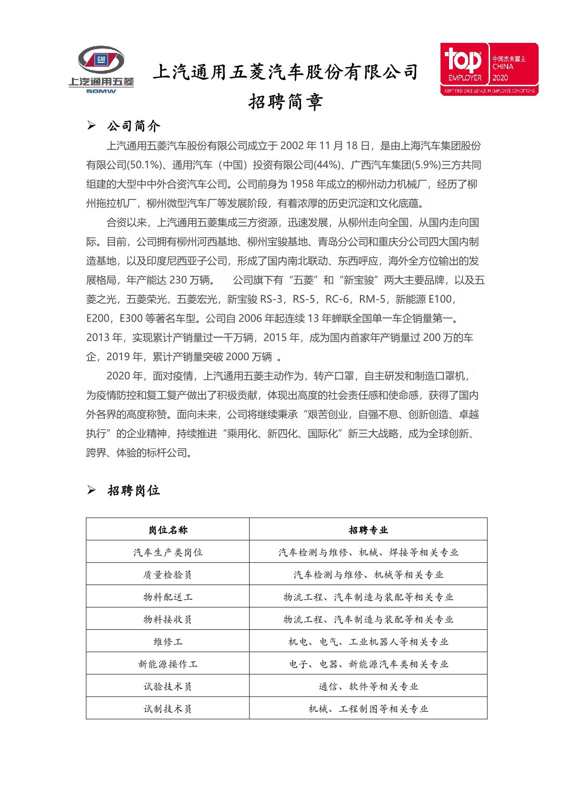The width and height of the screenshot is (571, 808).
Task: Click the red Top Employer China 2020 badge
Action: pyautogui.click(x=489, y=69)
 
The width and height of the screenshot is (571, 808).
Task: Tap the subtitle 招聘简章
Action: pyautogui.click(x=286, y=102)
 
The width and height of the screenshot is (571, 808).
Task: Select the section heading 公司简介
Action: pyautogui.click(x=134, y=126)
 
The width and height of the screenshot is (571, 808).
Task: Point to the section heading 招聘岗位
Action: pyautogui.click(x=134, y=491)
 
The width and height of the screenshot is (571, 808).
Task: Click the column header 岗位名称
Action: pyautogui.click(x=168, y=530)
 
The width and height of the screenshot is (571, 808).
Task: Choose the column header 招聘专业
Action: pyautogui.click(x=368, y=530)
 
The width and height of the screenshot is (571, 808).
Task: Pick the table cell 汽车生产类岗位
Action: pyautogui.click(x=168, y=552)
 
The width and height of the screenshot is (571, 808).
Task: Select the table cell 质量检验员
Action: pyautogui.click(x=168, y=575)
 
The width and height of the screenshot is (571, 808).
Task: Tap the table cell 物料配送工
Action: pyautogui.click(x=168, y=597)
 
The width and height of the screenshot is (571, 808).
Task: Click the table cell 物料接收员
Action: pyautogui.click(x=168, y=619)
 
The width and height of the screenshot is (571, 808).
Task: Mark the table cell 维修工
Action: pyautogui.click(x=168, y=642)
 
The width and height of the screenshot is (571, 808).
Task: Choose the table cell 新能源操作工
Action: pyautogui.click(x=168, y=664)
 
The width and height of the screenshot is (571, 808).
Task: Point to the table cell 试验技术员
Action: pyautogui.click(x=168, y=687)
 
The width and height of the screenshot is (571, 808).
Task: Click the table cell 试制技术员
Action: pyautogui.click(x=168, y=709)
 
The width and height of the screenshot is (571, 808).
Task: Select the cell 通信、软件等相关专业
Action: pyautogui.click(x=368, y=687)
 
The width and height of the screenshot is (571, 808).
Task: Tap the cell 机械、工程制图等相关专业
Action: pyautogui.click(x=368, y=709)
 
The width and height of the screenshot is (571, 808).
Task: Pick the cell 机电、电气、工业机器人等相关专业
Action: pyautogui.click(x=368, y=642)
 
